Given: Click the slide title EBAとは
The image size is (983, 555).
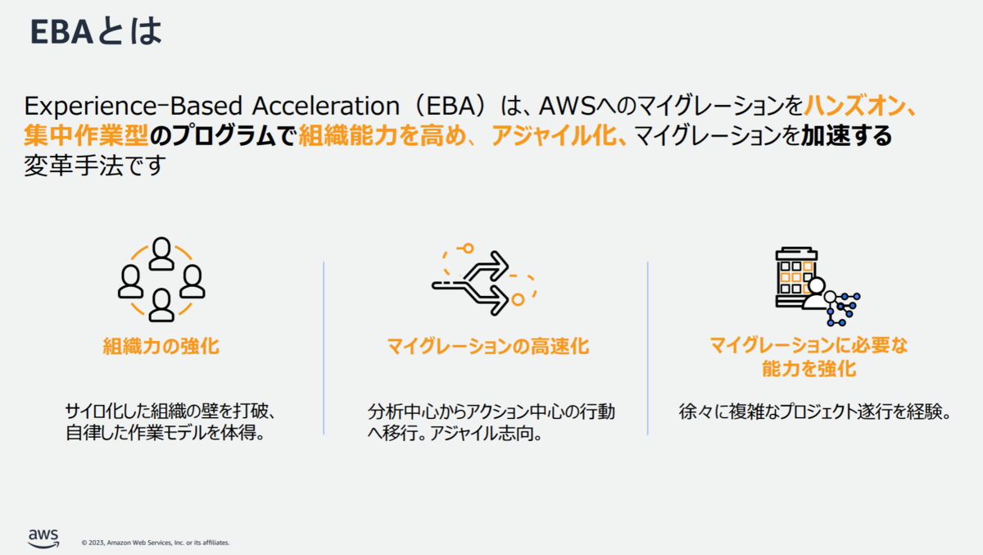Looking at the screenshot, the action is [x=96, y=31].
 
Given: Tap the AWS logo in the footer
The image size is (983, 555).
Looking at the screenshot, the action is [x=43, y=539].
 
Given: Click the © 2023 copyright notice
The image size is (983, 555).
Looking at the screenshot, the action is [x=156, y=543].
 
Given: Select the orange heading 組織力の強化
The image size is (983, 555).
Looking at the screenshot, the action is [x=161, y=346].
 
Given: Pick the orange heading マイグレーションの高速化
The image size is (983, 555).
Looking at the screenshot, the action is [x=488, y=346].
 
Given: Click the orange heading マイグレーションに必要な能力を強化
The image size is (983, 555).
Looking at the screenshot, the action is [x=809, y=357].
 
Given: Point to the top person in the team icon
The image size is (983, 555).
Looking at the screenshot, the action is [x=161, y=253].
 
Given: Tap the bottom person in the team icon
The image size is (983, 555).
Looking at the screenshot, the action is [x=161, y=305].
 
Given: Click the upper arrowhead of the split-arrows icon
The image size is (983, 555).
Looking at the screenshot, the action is [x=498, y=266].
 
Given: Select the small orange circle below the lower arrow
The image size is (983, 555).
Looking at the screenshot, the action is [x=518, y=300].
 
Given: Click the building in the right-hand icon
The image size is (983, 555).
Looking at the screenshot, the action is [x=795, y=276].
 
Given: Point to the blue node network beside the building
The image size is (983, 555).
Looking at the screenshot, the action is [x=843, y=309].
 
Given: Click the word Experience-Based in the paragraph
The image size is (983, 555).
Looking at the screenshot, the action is [x=133, y=107].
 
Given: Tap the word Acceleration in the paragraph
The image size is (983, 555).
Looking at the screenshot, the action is [x=326, y=106].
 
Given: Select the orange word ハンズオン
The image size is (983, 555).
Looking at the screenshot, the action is [x=854, y=106].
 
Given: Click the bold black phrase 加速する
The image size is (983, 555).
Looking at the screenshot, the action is [x=846, y=135].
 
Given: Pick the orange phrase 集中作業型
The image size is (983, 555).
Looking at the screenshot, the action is [x=86, y=134].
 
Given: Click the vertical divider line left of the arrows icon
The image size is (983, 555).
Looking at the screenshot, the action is [x=324, y=348].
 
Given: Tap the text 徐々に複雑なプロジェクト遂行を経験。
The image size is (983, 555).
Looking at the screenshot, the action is [x=814, y=412].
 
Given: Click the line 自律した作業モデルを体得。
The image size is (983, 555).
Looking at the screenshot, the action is [x=165, y=433].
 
